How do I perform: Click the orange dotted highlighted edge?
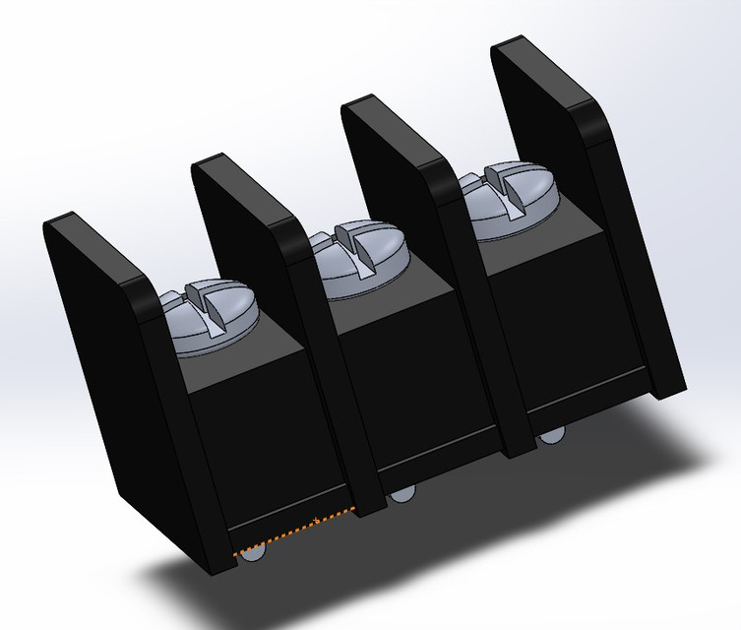(x=295, y=532)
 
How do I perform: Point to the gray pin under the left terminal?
(x=253, y=556)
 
